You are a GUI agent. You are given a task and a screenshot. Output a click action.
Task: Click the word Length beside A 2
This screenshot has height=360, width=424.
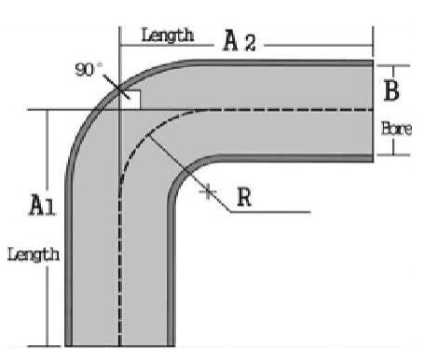click(168, 35)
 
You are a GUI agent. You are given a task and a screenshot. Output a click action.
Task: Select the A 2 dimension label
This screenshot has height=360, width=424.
click(238, 40)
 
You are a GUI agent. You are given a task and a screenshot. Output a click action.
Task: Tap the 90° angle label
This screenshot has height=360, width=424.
click(88, 69)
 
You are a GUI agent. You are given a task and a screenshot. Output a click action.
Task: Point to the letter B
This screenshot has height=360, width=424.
click(393, 91)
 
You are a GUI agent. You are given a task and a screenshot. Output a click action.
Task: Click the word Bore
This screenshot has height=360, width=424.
click(396, 128)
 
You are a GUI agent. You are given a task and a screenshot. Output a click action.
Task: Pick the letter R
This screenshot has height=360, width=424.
click(245, 198)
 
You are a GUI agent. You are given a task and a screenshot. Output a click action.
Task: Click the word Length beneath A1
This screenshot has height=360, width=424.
click(34, 253)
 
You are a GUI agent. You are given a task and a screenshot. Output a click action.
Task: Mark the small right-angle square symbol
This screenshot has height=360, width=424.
click(130, 100)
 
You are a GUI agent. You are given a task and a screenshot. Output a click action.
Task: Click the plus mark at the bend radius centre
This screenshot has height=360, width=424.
click(208, 192)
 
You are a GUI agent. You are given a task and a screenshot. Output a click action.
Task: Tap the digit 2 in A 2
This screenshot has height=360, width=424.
click(249, 41)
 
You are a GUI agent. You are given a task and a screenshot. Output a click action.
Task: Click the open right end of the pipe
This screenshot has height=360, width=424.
click(373, 110)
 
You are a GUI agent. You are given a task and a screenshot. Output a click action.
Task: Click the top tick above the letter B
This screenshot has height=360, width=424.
click(395, 65)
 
